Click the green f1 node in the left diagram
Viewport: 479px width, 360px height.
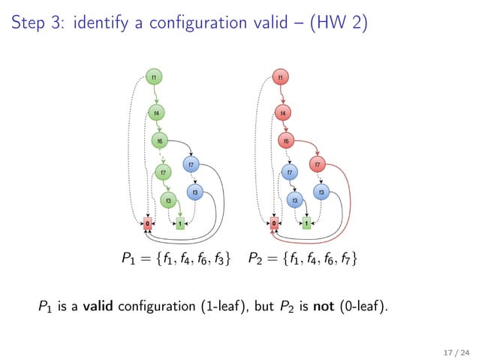pos(154,77)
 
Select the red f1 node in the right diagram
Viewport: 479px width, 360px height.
pos(280,77)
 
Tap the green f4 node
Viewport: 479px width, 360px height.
pos(156,113)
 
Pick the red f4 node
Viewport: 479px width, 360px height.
pos(282,113)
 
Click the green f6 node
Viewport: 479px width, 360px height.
pos(160,141)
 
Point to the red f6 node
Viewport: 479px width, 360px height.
pos(286,141)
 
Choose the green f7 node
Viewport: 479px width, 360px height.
pos(164,173)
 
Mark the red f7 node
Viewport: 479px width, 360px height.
pos(318,165)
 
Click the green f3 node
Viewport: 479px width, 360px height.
pos(168,201)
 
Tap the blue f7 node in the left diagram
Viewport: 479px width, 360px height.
pos(192,165)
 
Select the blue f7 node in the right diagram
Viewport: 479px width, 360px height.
pos(290,173)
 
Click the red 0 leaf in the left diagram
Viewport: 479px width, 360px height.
pos(148,223)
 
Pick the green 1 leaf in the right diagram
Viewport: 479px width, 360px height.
pos(307,223)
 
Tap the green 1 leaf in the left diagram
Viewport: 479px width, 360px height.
pos(181,223)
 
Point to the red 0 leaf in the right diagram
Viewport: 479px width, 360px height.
pos(274,223)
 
